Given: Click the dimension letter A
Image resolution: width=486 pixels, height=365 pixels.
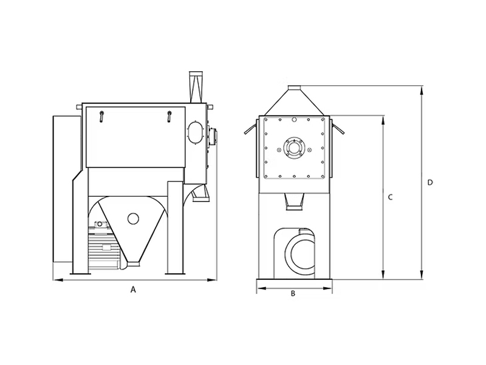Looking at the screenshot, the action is [x=133, y=290].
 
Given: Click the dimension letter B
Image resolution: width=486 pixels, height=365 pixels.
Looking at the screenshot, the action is [x=293, y=293].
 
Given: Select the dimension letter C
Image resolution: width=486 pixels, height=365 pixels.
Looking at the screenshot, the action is [x=390, y=197].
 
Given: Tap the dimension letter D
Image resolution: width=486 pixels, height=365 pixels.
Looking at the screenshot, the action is [x=430, y=182].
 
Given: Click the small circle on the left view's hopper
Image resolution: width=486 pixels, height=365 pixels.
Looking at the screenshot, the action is [x=133, y=218].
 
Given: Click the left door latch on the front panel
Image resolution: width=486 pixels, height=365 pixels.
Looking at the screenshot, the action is [x=101, y=116].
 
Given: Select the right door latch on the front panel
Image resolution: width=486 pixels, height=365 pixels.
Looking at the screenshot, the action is [x=169, y=116].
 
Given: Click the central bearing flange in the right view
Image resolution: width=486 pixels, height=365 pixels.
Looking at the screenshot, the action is [x=293, y=148].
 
